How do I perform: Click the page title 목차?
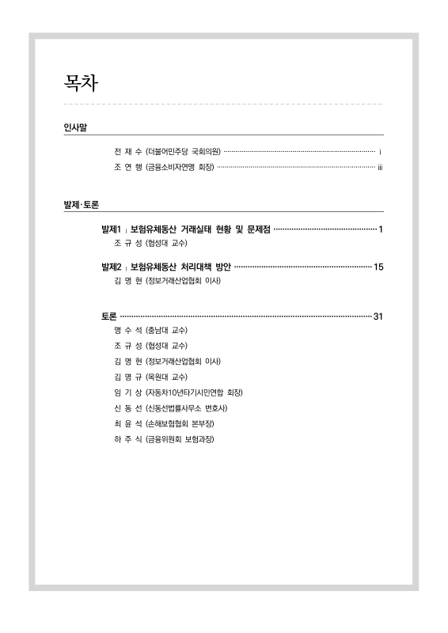pyautogui.click(x=81, y=82)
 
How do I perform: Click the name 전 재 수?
pyautogui.click(x=128, y=150)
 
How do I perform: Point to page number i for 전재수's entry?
pyautogui.click(x=381, y=150)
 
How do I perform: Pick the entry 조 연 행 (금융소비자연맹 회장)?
pyautogui.click(x=164, y=166)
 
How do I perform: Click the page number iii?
pyautogui.click(x=380, y=166)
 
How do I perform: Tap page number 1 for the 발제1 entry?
pyautogui.click(x=381, y=229)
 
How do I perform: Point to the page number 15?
pyautogui.click(x=378, y=267)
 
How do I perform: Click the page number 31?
pyautogui.click(x=378, y=317)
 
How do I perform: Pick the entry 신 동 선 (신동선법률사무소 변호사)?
pyautogui.click(x=171, y=407)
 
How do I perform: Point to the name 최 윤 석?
pyautogui.click(x=128, y=423)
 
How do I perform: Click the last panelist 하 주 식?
pyautogui.click(x=128, y=438)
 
